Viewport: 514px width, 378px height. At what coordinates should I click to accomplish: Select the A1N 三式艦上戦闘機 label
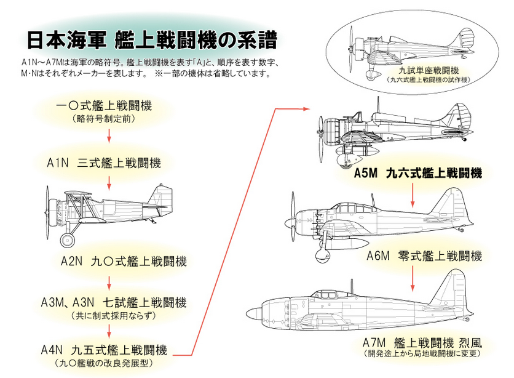(104, 163)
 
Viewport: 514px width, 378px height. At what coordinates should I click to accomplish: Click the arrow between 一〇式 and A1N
(109, 135)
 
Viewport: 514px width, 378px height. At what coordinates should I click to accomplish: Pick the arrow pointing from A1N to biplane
(109, 182)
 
